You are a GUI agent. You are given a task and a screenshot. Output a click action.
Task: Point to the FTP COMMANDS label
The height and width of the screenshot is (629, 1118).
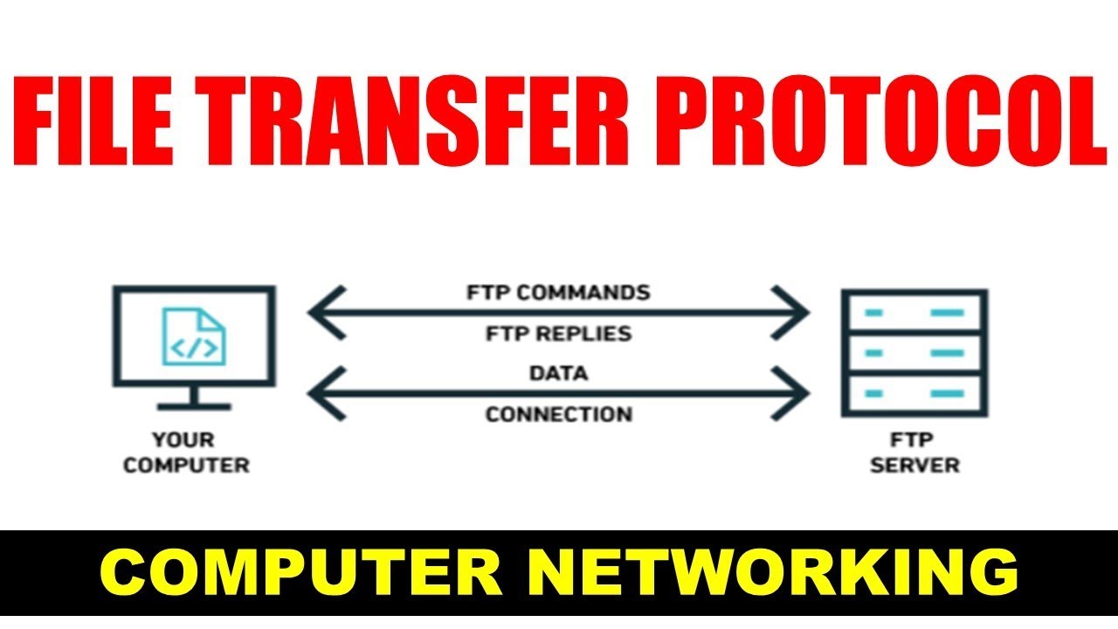(558, 292)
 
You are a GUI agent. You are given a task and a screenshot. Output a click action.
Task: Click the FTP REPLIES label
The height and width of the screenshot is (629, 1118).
(558, 333)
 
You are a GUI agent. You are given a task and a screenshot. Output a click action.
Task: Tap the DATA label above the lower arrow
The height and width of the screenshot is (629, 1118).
(558, 374)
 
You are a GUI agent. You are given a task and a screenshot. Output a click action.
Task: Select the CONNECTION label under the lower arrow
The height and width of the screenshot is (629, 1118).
(558, 414)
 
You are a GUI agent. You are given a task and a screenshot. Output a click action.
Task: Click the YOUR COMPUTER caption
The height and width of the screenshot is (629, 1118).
(186, 452)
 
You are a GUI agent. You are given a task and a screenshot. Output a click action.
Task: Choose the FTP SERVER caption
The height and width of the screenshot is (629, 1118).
(914, 452)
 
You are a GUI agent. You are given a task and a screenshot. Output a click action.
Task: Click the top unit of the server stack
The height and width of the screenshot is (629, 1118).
(914, 312)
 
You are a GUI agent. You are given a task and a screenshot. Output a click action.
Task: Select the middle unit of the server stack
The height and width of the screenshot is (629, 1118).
(914, 353)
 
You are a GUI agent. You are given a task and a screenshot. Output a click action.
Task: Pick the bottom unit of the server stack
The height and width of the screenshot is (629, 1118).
(914, 395)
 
